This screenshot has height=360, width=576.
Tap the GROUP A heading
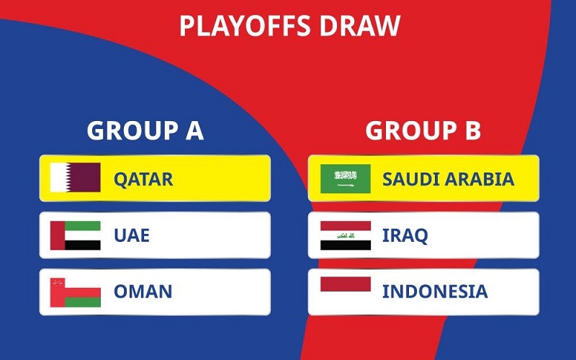tap(145, 131)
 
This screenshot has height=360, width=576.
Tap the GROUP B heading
tap(423, 131)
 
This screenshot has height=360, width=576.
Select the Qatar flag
tap(75, 178)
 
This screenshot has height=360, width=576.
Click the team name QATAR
tap(143, 179)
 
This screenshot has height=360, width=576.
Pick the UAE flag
tap(75, 235)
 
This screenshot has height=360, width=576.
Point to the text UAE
tap(132, 235)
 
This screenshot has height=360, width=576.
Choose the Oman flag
tap(75, 292)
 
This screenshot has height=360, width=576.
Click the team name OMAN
tap(143, 292)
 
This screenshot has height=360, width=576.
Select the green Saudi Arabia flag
tap(346, 179)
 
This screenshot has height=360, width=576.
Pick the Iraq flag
tap(346, 235)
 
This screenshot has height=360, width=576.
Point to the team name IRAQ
tap(405, 235)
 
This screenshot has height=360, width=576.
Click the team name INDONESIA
tap(435, 292)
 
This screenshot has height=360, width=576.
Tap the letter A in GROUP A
tap(193, 131)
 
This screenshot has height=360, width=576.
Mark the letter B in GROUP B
tap(472, 131)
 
